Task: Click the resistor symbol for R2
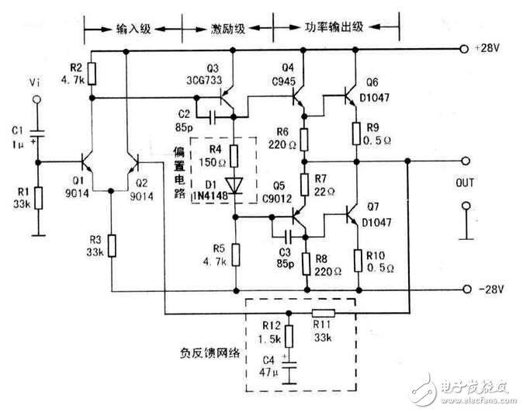[x=92, y=73]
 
